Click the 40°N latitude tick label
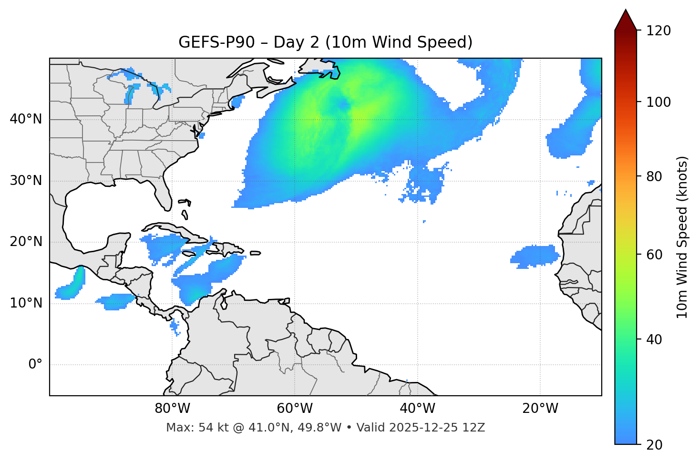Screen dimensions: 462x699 (x=26, y=119)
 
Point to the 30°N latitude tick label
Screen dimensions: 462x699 (x=26, y=181)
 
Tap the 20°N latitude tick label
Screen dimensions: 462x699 (x=26, y=242)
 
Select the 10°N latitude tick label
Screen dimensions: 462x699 (x=26, y=303)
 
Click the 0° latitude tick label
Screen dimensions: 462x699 (x=35, y=365)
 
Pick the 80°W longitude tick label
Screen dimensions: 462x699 (x=172, y=409)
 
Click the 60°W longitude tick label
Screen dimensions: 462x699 (x=295, y=409)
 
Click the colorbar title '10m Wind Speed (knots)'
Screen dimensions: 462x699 (x=683, y=237)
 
